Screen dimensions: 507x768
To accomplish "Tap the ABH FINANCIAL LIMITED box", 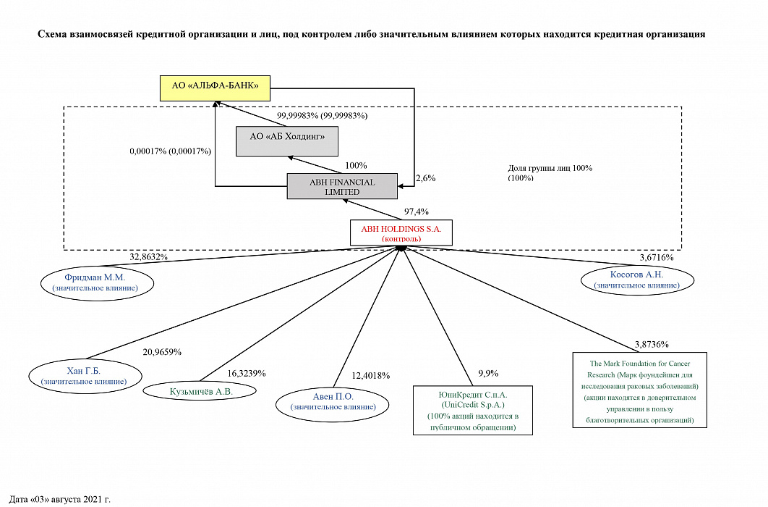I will [342, 187].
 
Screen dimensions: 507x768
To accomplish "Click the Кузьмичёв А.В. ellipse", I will [200, 391].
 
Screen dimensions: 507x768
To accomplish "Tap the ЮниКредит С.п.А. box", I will [472, 411].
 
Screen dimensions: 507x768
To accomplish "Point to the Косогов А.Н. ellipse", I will [636, 280].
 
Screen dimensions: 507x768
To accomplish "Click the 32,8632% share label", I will [149, 256].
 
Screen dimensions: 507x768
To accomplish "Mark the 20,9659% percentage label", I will [162, 352].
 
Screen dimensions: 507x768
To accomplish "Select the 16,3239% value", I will [247, 374].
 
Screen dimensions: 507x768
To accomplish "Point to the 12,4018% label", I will [371, 375].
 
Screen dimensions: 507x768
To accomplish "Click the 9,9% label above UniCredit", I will [488, 374].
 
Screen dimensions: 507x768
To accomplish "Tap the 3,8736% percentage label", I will [651, 344].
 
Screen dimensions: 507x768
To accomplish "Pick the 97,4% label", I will [417, 211].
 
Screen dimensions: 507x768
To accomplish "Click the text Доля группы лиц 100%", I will [550, 169].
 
